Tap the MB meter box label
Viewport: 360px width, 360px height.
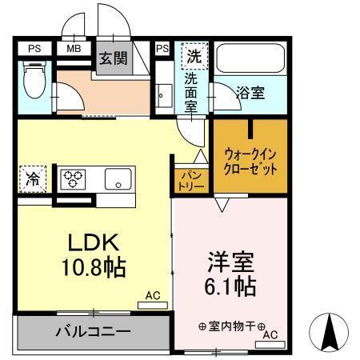click(74, 49)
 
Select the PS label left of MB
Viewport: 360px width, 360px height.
click(34, 49)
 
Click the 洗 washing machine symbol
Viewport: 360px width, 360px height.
click(194, 57)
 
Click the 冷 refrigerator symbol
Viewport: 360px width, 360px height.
click(33, 178)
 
